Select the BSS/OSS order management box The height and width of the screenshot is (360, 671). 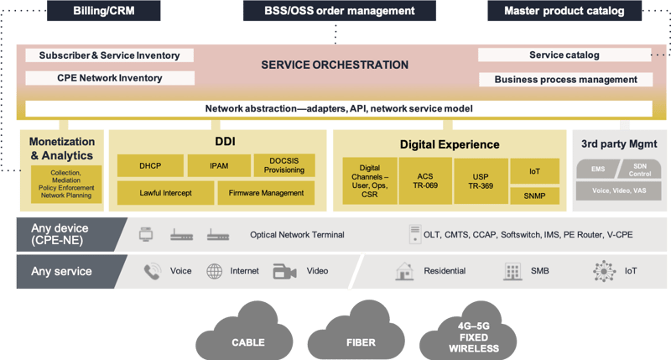click(x=340, y=11)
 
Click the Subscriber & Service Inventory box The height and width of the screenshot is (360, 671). click(x=109, y=55)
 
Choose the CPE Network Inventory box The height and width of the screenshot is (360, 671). click(x=109, y=78)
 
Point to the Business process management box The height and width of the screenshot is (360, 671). click(x=566, y=80)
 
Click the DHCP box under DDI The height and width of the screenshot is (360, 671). click(x=149, y=165)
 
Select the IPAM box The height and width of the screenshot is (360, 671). click(x=218, y=165)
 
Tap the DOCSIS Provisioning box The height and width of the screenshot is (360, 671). click(x=283, y=165)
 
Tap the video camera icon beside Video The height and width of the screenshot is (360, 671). click(x=284, y=272)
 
